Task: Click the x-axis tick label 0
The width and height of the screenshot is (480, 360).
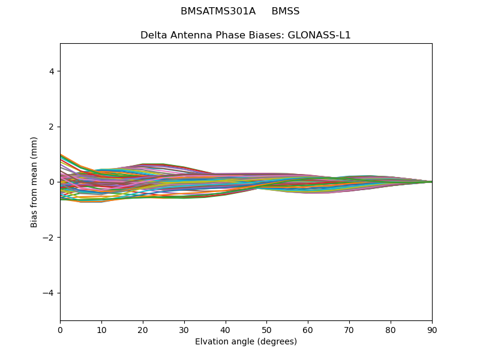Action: click(60, 329)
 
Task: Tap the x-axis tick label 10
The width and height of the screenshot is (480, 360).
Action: click(101, 329)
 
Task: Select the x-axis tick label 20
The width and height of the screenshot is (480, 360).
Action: click(143, 329)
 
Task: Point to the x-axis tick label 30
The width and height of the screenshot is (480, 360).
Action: click(184, 329)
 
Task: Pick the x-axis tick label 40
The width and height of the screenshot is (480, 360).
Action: click(226, 329)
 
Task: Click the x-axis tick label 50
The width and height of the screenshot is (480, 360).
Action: click(266, 329)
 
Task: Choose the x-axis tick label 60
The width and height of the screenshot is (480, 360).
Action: click(308, 329)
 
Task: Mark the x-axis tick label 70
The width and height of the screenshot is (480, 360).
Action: click(349, 329)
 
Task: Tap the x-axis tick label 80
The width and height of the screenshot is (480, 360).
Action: click(391, 329)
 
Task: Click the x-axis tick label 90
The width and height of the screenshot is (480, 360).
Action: click(432, 329)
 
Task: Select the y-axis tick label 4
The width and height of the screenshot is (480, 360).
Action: click(52, 71)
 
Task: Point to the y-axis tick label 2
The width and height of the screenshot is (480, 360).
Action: click(52, 127)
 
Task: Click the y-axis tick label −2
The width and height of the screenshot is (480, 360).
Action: click(50, 238)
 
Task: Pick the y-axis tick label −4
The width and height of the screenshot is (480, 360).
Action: click(50, 293)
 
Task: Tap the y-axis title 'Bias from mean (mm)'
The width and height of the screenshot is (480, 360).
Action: click(34, 182)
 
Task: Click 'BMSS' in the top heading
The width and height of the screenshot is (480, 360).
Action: click(286, 11)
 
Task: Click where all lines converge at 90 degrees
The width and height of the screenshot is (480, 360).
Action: click(431, 182)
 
